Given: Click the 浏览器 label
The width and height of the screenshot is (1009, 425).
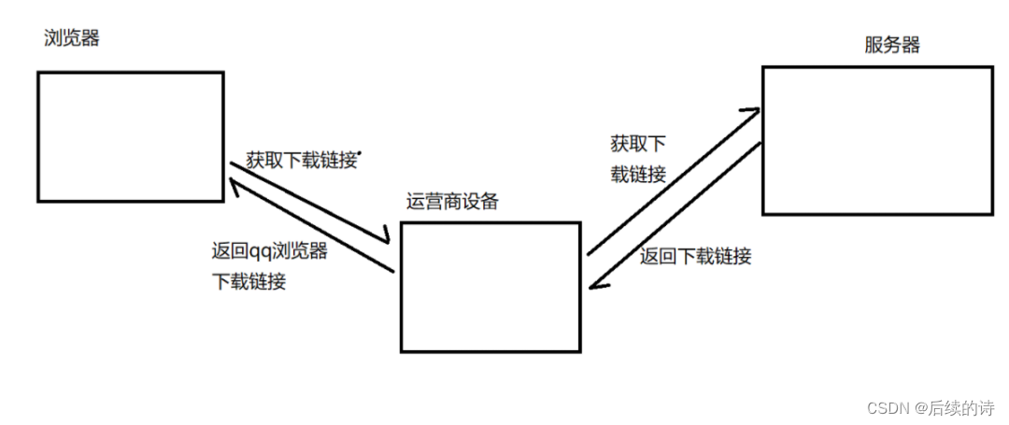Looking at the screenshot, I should click(x=71, y=39).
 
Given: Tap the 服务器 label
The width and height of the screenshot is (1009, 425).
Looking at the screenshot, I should click(x=892, y=45).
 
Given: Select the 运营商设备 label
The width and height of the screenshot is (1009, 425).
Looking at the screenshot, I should click(x=451, y=202).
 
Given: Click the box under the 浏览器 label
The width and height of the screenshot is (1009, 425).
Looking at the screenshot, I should click(x=131, y=136).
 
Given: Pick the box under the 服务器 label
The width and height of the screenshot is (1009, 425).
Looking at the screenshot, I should click(x=877, y=140).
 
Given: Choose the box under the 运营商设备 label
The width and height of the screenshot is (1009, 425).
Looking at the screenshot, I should click(x=490, y=287).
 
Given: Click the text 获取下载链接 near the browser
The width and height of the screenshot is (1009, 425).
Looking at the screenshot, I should click(x=301, y=160).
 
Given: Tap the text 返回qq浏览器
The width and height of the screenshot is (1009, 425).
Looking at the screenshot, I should click(x=270, y=250).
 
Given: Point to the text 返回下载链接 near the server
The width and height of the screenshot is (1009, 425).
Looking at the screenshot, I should click(x=696, y=256).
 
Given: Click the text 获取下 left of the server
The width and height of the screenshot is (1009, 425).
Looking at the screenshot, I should click(x=638, y=144).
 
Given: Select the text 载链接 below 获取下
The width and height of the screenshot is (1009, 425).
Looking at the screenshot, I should click(x=638, y=174).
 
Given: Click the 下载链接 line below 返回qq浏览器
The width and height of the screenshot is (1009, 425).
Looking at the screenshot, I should click(x=249, y=281).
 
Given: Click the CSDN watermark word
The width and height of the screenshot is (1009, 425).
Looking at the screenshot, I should click(x=888, y=407).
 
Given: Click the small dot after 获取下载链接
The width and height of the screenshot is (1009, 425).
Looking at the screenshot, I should click(x=360, y=152).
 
